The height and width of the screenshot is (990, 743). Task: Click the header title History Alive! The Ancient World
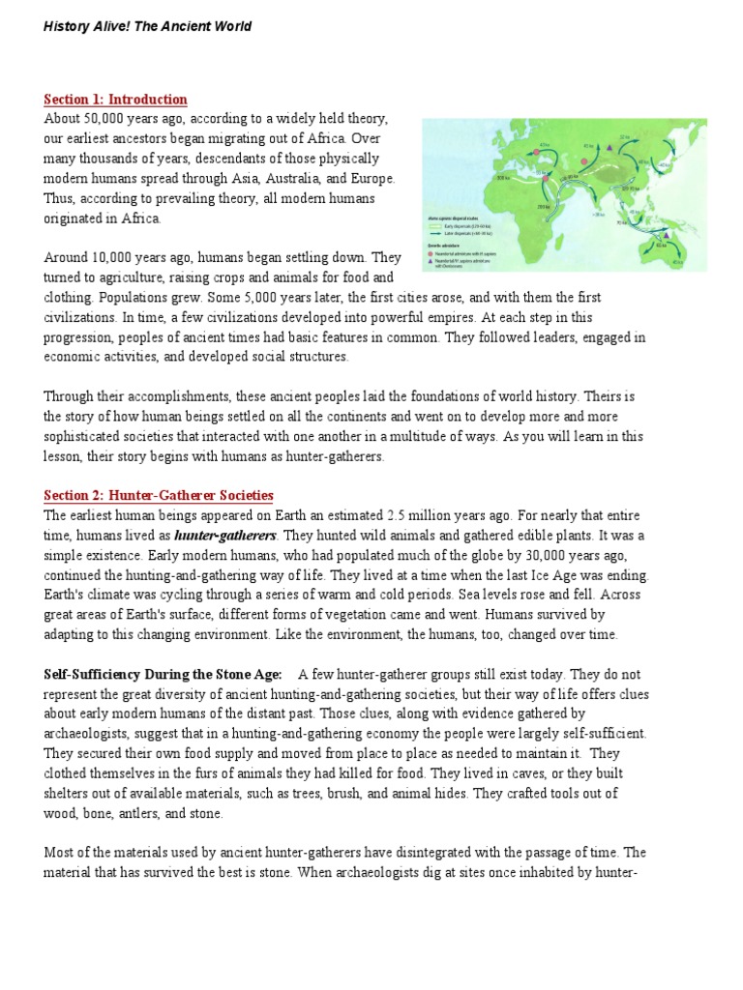[x=147, y=26]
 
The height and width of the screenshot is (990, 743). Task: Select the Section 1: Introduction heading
[x=115, y=100]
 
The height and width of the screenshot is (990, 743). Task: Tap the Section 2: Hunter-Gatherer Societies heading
[x=159, y=496]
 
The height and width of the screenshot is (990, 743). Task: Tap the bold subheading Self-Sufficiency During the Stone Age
[x=163, y=674]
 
